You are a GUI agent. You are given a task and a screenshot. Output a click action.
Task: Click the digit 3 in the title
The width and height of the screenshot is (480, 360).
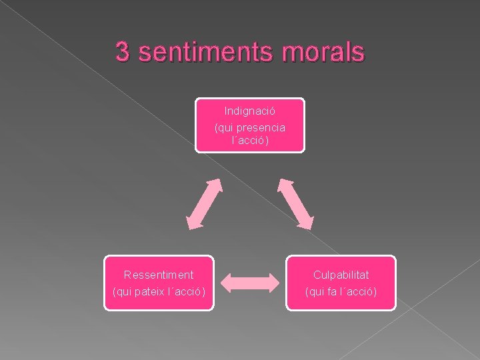[122, 51]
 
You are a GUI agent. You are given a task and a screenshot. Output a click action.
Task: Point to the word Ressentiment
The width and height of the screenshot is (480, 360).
[159, 275]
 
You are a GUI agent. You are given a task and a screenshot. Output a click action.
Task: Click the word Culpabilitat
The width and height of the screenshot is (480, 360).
[341, 275]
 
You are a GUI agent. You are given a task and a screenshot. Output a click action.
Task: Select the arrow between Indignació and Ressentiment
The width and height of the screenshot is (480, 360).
[204, 205]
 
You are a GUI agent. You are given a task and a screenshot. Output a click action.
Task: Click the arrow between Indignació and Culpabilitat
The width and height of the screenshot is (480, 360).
[295, 205]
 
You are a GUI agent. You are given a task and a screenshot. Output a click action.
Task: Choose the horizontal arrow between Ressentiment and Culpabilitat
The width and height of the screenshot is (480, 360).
[250, 283]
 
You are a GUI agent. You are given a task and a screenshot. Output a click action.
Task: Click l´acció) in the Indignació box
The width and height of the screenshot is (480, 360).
[250, 141]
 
